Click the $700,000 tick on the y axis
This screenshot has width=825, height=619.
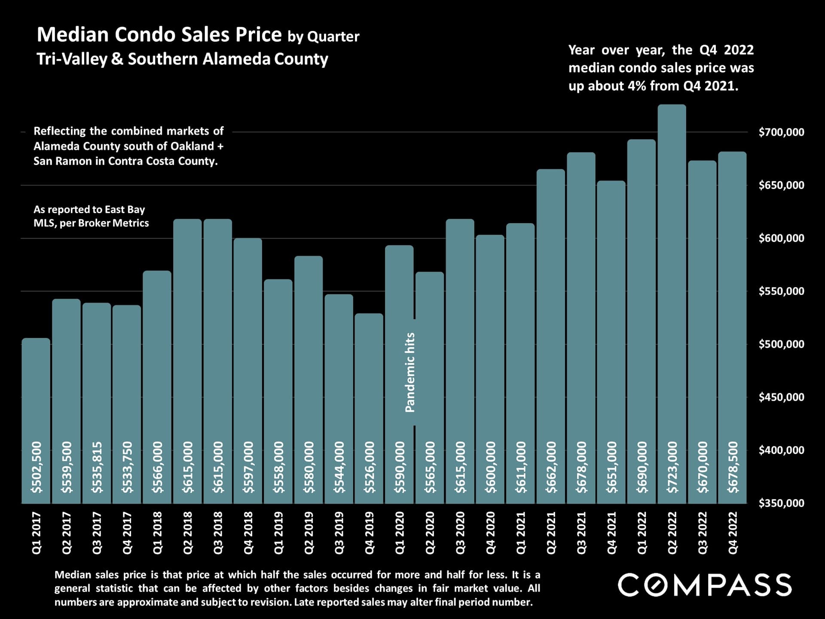tap(781, 132)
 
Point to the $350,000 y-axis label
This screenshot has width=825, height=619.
tap(781, 503)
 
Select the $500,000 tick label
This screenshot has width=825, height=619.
tap(781, 344)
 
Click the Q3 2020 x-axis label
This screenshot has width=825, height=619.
tap(460, 533)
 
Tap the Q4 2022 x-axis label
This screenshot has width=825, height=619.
tap(733, 533)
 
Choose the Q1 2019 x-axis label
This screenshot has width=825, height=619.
tap(278, 533)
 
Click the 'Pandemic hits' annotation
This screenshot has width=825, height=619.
tap(410, 372)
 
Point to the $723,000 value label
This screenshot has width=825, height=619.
tap(672, 467)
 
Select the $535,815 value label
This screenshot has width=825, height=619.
tap(97, 467)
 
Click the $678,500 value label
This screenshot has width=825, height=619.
tap(733, 467)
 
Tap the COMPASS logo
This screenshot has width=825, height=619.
tap(704, 585)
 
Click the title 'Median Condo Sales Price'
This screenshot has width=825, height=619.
tap(159, 34)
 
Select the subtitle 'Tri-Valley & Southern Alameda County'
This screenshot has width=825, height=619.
tap(182, 59)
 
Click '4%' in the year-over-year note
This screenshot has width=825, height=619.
tap(637, 86)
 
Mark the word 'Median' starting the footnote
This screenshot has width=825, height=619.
tap(73, 575)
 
